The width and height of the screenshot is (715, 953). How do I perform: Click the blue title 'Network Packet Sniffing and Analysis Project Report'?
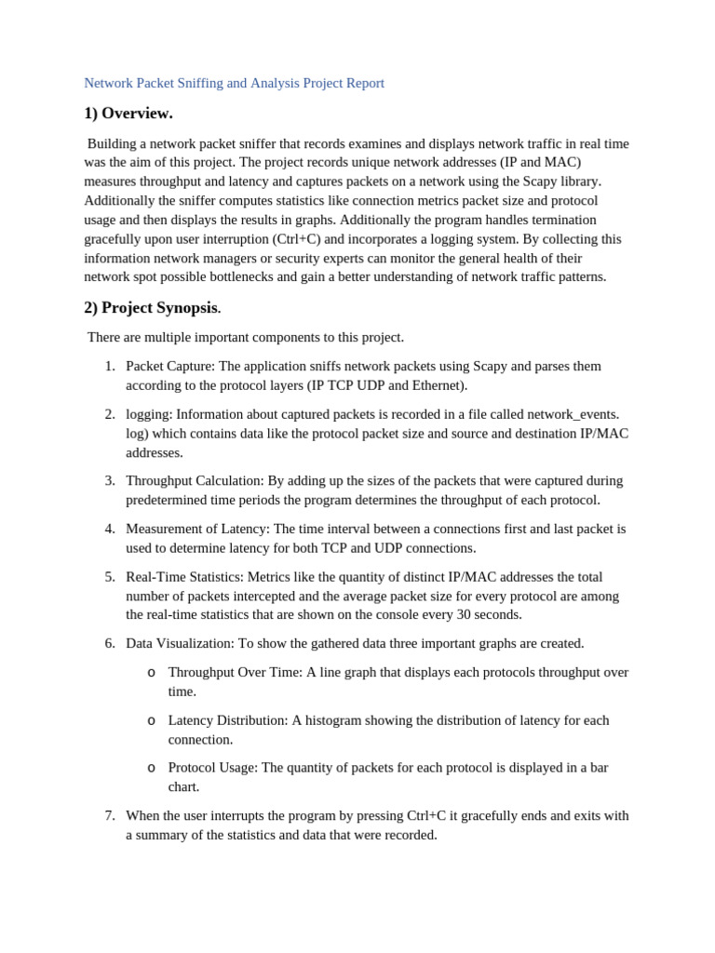tap(234, 83)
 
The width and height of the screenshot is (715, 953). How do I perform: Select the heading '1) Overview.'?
tap(128, 114)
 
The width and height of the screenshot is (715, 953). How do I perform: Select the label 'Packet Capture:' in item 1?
tap(169, 366)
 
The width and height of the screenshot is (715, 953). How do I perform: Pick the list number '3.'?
tap(110, 480)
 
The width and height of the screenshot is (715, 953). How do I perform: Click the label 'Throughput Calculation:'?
tap(195, 480)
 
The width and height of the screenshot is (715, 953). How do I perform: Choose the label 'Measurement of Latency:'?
tap(197, 529)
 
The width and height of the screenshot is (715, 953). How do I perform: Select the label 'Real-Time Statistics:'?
tap(184, 577)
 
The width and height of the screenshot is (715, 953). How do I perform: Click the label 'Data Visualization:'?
tap(180, 643)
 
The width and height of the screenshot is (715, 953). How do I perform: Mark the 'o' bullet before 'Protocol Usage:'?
tap(151, 768)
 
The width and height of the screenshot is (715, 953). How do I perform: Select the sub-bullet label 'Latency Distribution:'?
tap(228, 720)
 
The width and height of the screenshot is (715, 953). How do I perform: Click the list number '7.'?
tap(110, 815)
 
